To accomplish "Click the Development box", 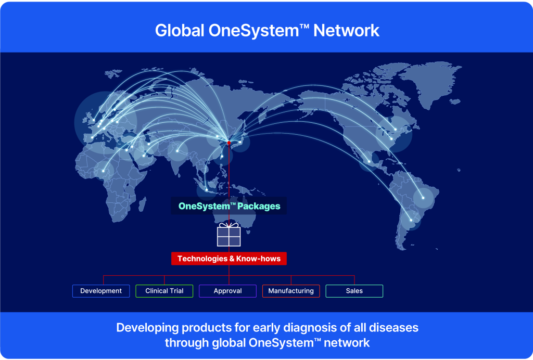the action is click(101, 291).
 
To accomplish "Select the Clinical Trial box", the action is click(164, 291).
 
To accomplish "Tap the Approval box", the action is click(228, 291).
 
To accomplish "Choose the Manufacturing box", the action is click(291, 291).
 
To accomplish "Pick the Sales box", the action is click(354, 291).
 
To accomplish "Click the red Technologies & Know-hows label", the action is click(229, 259).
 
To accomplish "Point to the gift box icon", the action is click(229, 234).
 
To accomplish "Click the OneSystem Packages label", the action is click(229, 206).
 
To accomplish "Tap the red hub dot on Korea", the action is click(229, 143).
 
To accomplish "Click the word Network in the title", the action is click(346, 31).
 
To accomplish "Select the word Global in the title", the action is click(180, 31).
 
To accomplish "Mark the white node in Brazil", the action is click(423, 198).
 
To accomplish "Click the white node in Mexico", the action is click(369, 161).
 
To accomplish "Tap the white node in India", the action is click(177, 151).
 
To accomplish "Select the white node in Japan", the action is click(240, 142).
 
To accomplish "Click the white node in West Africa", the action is click(104, 171).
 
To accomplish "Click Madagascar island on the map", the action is click(143, 204).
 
